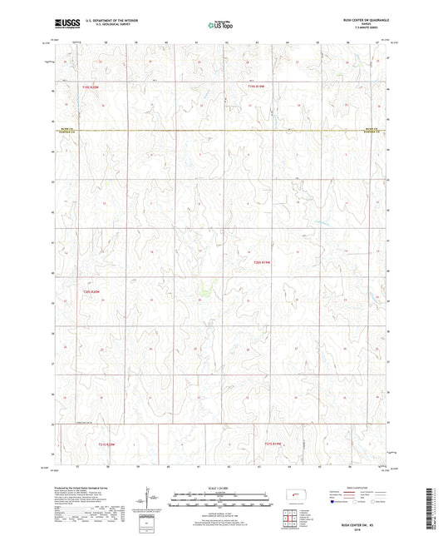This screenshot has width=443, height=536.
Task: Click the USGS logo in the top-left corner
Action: (66, 22)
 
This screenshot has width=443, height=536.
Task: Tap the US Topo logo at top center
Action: (221, 24)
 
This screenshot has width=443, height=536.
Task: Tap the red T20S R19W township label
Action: (263, 263)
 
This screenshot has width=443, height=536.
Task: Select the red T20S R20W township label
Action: (91, 291)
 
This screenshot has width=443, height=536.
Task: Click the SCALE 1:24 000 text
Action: (221, 487)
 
